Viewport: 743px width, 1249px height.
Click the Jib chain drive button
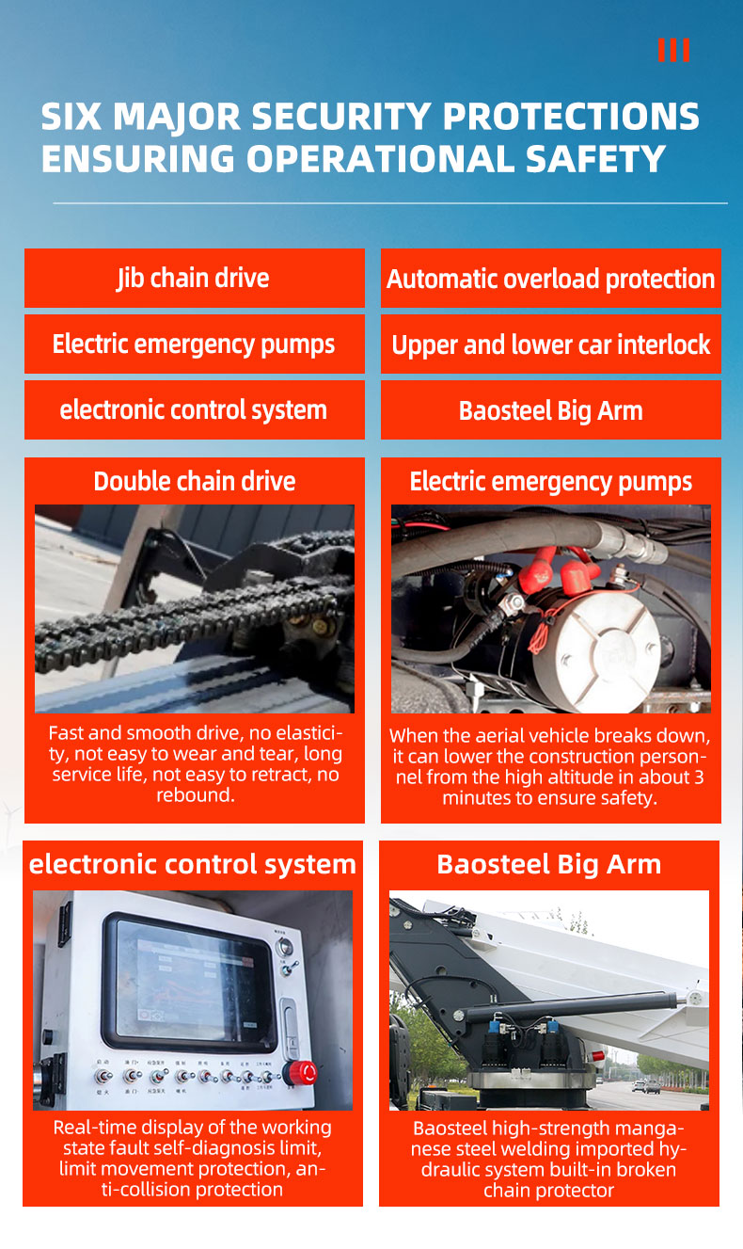click(x=194, y=279)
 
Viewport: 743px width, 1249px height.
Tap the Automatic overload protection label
click(x=551, y=279)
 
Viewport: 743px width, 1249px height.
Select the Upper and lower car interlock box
click(x=551, y=344)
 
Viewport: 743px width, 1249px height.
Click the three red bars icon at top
click(x=673, y=50)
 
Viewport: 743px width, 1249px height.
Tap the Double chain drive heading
click(x=195, y=482)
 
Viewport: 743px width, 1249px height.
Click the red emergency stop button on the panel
click(x=303, y=1072)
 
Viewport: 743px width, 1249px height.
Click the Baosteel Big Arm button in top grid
click(x=551, y=410)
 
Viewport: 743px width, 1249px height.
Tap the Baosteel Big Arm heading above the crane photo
click(x=549, y=864)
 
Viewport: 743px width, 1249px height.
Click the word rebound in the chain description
click(x=195, y=795)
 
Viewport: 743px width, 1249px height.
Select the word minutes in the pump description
click(x=481, y=798)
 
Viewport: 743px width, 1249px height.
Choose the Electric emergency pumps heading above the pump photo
click(x=551, y=482)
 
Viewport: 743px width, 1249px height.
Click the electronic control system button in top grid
click(x=194, y=410)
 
